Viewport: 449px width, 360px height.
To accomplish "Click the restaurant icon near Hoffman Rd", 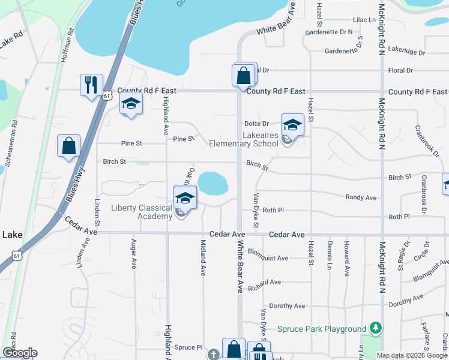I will pos(91,85).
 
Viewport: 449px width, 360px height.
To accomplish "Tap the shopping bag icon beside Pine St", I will pos(69,146).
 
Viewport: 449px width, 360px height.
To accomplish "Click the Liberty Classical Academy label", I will pos(141,212).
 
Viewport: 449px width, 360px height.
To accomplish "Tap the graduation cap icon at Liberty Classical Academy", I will pos(185,197).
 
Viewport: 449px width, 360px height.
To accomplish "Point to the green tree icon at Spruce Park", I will pos(376,328).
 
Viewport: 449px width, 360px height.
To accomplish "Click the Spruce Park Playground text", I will pos(322,329).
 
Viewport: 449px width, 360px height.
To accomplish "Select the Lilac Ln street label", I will pos(364,20).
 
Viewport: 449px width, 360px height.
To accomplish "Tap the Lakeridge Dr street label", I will pos(406,52).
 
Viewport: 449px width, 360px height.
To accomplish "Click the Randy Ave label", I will pos(361,197).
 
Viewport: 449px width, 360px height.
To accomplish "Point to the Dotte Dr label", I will pos(257,124).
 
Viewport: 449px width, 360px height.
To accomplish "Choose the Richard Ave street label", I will pos(264,282).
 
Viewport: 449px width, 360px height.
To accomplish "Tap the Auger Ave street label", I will pos(134,254).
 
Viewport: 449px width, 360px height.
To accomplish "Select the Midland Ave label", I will pos(203,262).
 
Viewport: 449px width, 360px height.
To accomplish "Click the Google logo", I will pos(20,353).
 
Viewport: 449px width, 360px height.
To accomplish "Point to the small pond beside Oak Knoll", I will pos(212,183).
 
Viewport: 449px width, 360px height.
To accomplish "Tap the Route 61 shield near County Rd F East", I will pos(106,95).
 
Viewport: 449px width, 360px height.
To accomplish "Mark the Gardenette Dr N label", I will pos(329,32).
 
